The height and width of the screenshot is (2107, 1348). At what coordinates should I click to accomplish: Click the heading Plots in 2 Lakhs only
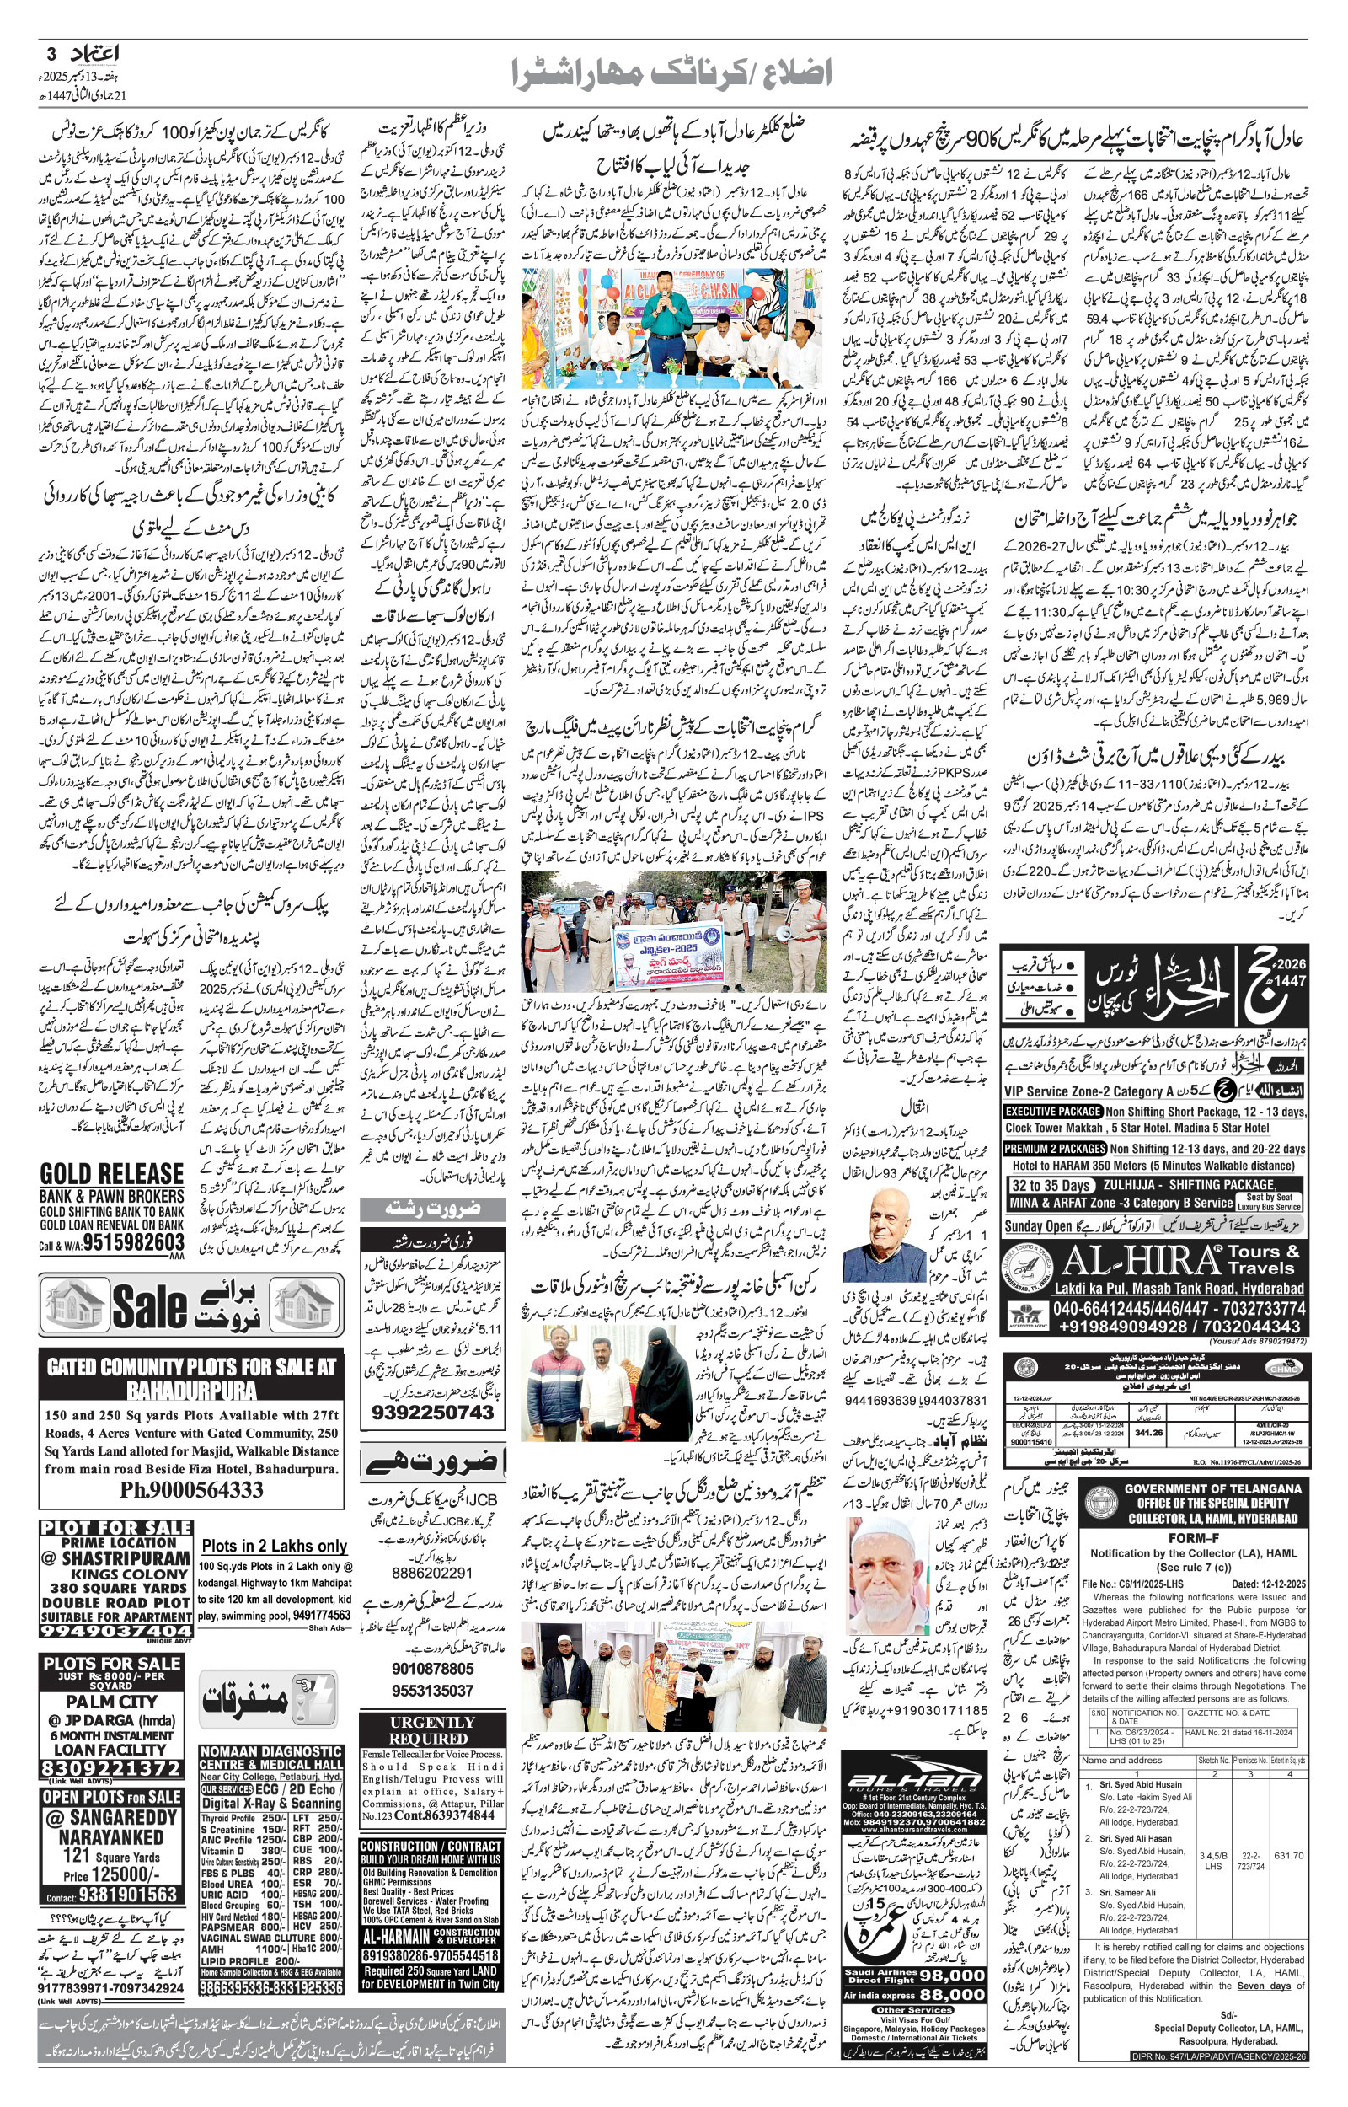(x=273, y=1546)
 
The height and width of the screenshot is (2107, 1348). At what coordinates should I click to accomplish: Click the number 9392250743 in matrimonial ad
(x=432, y=1412)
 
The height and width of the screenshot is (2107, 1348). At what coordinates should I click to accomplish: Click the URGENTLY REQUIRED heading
(x=432, y=1729)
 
